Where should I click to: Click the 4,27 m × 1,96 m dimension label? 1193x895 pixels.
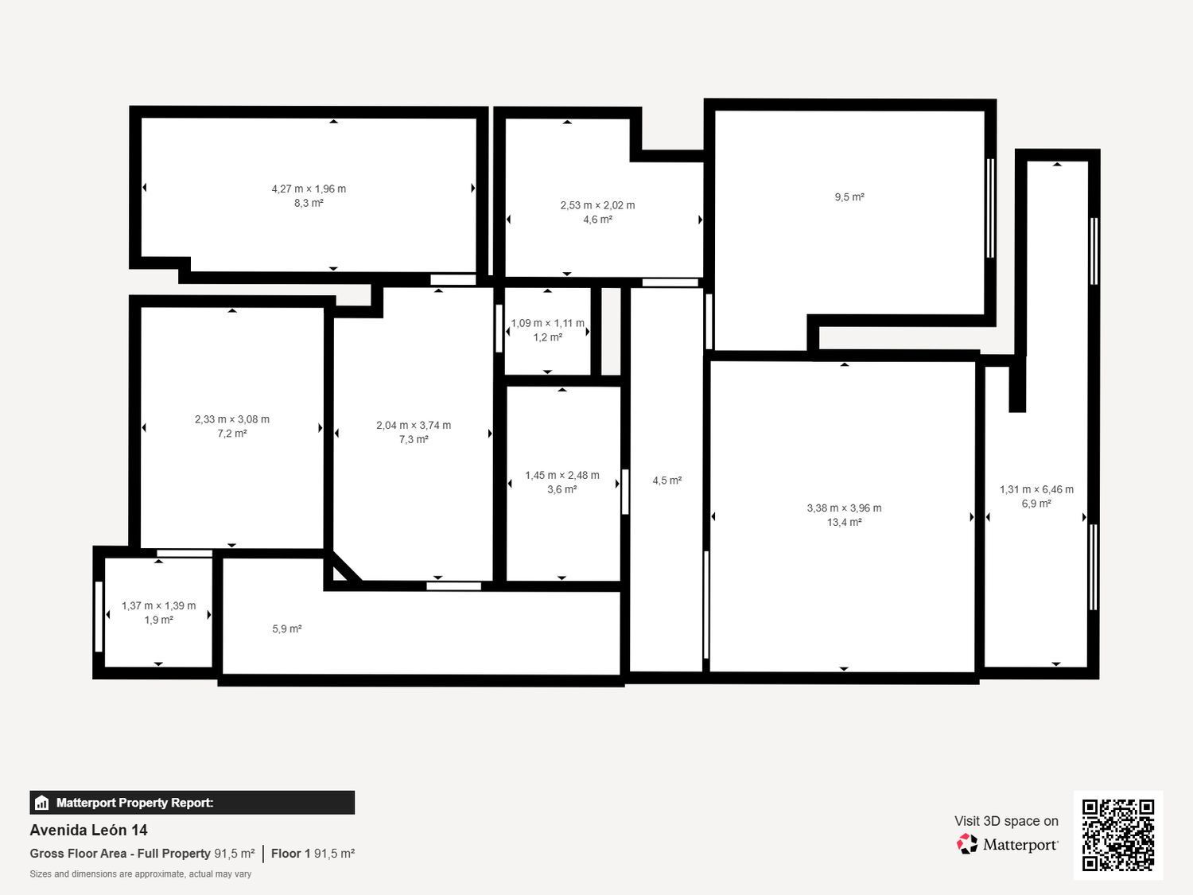309,189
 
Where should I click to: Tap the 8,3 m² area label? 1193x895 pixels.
309,203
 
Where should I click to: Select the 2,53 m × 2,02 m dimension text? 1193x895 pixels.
597,205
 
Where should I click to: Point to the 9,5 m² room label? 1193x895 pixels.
849,197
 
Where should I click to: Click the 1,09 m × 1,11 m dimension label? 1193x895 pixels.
547,323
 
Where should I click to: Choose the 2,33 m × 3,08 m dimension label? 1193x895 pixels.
232,419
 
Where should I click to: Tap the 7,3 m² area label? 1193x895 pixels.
414,439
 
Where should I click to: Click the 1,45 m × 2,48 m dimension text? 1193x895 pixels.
562,475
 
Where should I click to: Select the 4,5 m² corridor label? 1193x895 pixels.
666,481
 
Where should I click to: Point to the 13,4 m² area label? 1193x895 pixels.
844,522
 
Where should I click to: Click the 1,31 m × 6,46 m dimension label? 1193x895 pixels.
1036,489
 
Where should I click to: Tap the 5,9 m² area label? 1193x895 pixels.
286,628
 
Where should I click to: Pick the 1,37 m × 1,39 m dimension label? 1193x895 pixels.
158,605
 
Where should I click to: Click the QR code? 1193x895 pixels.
1118,835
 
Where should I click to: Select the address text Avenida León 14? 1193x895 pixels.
88,830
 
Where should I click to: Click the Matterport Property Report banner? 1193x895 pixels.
192,803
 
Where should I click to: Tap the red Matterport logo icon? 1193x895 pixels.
967,844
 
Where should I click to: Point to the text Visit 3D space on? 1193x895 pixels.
1007,821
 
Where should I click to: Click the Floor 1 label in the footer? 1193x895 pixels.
291,853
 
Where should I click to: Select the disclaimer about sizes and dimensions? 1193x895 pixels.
140,874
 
